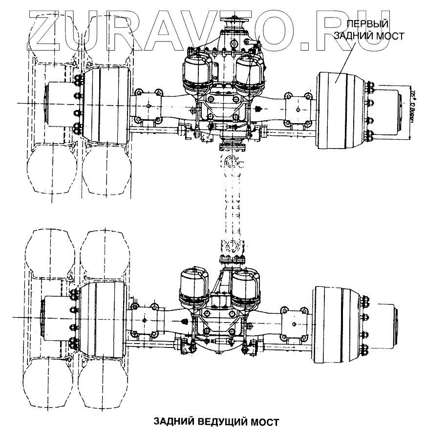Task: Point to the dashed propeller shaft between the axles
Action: click(233, 205)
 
